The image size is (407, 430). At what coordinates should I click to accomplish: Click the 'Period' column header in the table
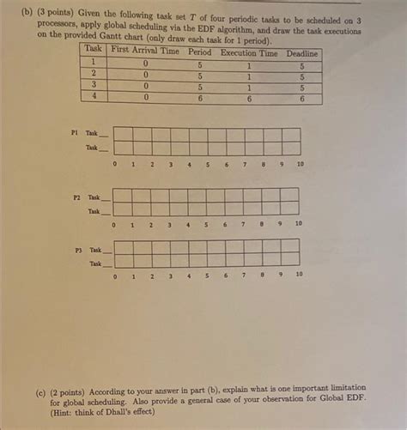[x=199, y=51]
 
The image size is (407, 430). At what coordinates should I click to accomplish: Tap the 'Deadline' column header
[x=301, y=53]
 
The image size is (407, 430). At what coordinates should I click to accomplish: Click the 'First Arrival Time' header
[x=145, y=51]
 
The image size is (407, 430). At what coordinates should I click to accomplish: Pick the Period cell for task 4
[x=199, y=98]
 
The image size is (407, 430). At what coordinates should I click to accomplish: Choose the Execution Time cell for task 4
[x=249, y=99]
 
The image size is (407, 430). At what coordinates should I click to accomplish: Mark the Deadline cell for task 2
[x=301, y=76]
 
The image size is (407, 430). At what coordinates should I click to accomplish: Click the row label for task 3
[x=94, y=86]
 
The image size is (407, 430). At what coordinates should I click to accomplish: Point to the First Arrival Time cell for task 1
[x=145, y=64]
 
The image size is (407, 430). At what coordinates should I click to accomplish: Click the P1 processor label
[x=76, y=133]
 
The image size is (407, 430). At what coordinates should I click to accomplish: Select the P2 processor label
[x=76, y=197]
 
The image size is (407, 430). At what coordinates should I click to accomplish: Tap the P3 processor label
[x=76, y=250]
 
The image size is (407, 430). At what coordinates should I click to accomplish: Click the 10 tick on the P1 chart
[x=300, y=163]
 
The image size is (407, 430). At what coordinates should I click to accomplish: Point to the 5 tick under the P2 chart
[x=206, y=224]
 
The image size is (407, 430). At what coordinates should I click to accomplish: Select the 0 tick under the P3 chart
[x=113, y=276]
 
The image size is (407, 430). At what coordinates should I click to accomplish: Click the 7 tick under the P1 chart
[x=245, y=163]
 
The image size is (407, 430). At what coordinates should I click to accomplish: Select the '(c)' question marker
[x=41, y=388]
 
